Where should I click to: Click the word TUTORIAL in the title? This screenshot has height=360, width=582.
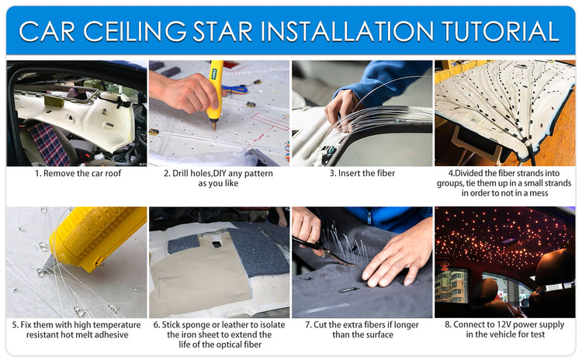coord(501,31)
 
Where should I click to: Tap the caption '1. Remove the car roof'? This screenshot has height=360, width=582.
coord(78,173)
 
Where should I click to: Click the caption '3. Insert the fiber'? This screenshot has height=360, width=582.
coord(362,173)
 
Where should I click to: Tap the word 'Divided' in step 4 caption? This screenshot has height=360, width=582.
coord(475,173)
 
